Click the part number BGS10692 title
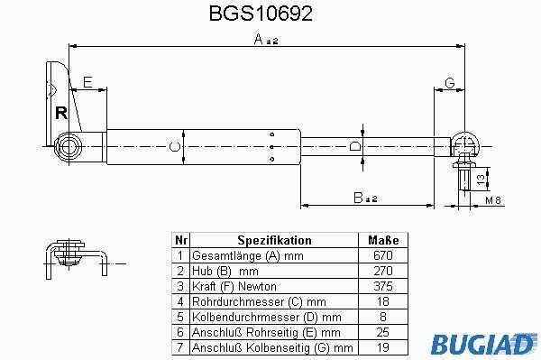point(261,14)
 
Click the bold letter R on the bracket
point(61,113)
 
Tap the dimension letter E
point(88,82)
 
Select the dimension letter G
point(450,83)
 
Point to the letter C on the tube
point(175,147)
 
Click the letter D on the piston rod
point(354,146)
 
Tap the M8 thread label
point(493,200)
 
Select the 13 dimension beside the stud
point(481,179)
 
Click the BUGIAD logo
point(483,343)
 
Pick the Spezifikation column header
point(274,240)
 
